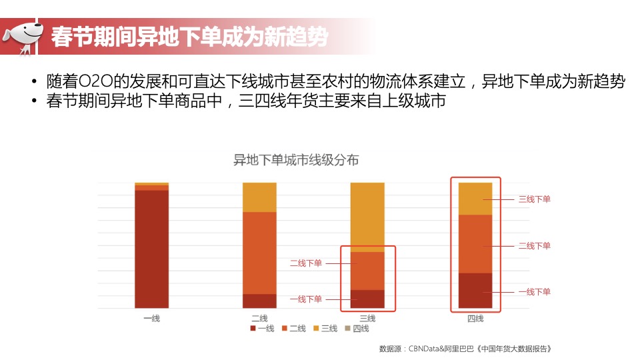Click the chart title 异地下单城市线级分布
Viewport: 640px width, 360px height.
pyautogui.click(x=296, y=161)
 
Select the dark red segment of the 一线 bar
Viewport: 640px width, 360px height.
pyautogui.click(x=151, y=249)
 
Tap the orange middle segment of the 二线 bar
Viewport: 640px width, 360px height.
pyautogui.click(x=259, y=253)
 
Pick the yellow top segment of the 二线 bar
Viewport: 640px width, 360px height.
pyautogui.click(x=259, y=197)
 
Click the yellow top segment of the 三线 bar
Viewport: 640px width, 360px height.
pyautogui.click(x=367, y=217)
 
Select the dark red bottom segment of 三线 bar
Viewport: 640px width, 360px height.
pyautogui.click(x=367, y=299)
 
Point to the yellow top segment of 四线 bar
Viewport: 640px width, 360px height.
pyautogui.click(x=475, y=198)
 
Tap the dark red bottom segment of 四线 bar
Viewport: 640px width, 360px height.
pyautogui.click(x=475, y=290)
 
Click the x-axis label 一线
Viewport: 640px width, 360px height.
pyautogui.click(x=151, y=318)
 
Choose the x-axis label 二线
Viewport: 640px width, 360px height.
pyautogui.click(x=259, y=318)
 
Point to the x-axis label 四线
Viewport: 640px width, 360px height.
pyautogui.click(x=475, y=318)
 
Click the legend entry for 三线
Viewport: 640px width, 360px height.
pyautogui.click(x=325, y=328)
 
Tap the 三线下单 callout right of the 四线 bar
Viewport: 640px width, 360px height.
pyautogui.click(x=535, y=199)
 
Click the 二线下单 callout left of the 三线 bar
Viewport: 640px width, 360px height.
pyautogui.click(x=306, y=263)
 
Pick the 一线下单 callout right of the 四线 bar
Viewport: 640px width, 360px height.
pyautogui.click(x=535, y=292)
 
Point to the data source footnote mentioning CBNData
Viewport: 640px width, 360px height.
pyautogui.click(x=465, y=348)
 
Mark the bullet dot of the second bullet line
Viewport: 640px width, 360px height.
pyautogui.click(x=33, y=101)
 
